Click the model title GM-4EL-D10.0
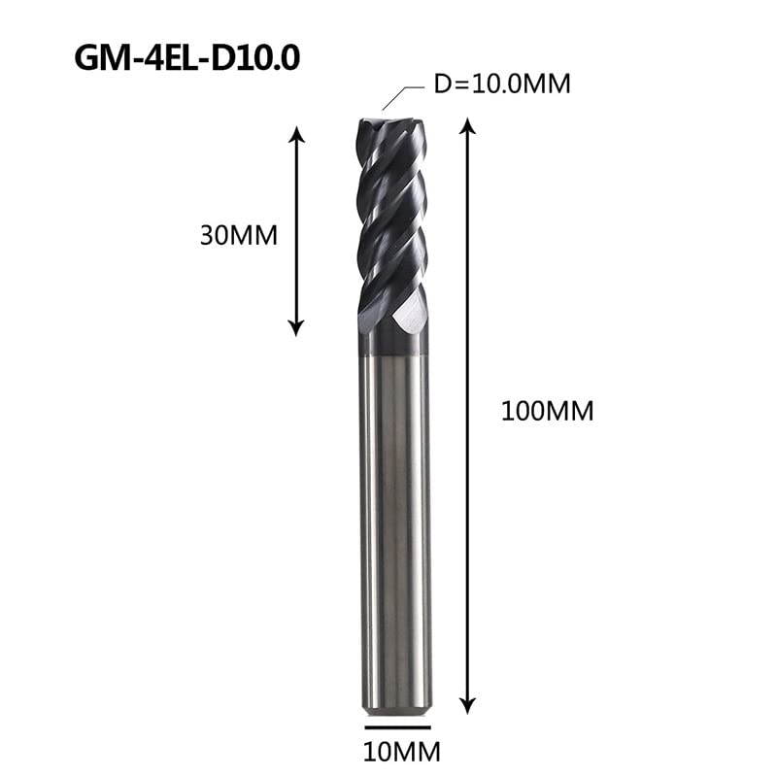[186, 57]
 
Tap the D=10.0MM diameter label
[502, 84]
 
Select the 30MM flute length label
[238, 235]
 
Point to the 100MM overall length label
[547, 411]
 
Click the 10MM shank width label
[402, 753]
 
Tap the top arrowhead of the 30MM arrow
[296, 134]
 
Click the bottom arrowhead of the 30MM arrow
[296, 328]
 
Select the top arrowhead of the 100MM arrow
[468, 126]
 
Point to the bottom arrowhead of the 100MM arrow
[468, 706]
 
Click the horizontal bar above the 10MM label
[398, 727]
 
